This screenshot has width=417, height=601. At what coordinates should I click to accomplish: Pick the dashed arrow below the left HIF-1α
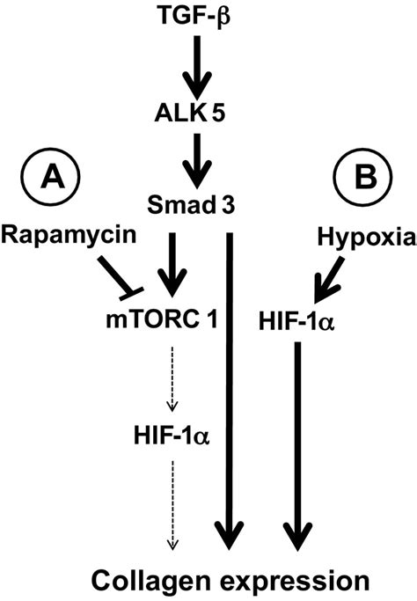(172, 502)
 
